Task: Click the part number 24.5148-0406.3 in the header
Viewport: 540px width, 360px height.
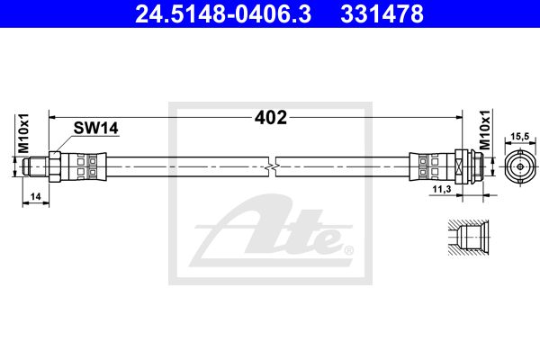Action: [x=223, y=13]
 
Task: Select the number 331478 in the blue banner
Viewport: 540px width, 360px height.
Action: [x=382, y=13]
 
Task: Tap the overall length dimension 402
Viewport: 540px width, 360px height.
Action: [x=271, y=118]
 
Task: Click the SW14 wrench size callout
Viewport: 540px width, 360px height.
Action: [x=95, y=128]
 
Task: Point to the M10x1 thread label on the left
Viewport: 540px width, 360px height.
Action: [x=23, y=133]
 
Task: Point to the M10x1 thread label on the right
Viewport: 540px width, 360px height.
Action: [x=484, y=130]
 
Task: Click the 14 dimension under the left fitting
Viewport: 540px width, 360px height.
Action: [x=35, y=197]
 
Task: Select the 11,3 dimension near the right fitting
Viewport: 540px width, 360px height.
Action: [x=442, y=189]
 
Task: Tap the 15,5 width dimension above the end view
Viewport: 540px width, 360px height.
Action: [x=519, y=137]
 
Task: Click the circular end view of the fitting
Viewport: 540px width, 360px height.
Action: [x=520, y=166]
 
